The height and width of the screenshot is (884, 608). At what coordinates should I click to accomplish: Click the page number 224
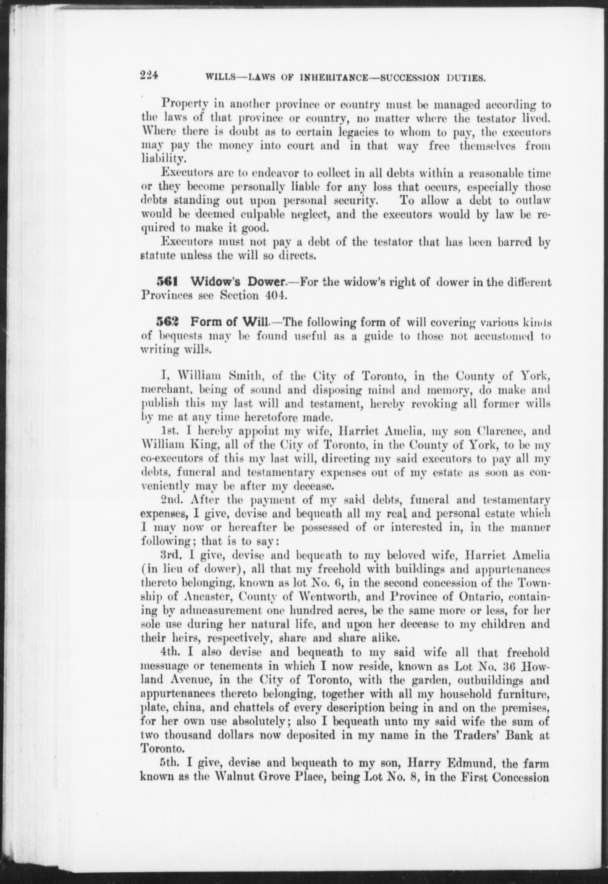coord(149,76)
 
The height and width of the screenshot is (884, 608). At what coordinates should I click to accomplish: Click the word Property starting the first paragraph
coord(182,103)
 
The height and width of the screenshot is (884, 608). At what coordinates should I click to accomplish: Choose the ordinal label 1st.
coord(170,431)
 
